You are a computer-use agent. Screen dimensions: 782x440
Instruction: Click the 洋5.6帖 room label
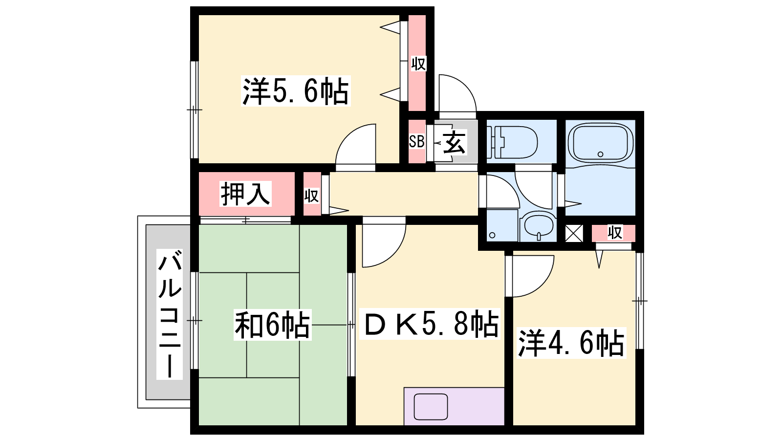click(296, 91)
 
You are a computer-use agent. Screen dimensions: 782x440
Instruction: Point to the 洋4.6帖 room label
click(571, 343)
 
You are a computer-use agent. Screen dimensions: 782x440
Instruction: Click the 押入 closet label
click(245, 194)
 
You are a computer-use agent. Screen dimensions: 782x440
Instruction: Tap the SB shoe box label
click(416, 141)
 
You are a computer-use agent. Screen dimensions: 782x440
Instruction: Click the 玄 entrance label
click(454, 142)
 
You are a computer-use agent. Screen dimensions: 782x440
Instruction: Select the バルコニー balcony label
click(170, 314)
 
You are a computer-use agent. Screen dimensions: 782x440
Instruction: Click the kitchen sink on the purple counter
click(431, 406)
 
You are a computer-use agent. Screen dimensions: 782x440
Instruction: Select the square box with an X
click(574, 234)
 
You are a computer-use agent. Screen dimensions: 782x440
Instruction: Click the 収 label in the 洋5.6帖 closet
click(418, 64)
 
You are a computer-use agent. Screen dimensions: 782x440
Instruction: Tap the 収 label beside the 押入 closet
click(311, 196)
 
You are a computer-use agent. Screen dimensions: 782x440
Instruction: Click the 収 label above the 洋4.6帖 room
click(615, 232)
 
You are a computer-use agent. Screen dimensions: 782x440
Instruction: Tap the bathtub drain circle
click(601, 154)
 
